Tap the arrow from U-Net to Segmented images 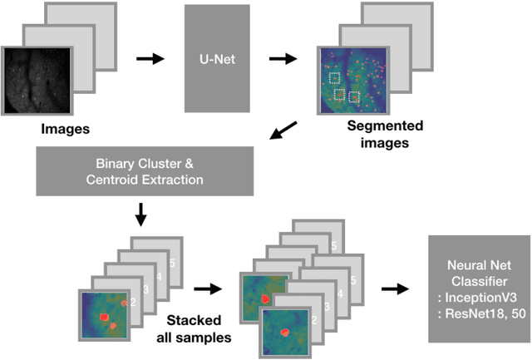(x=284, y=60)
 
